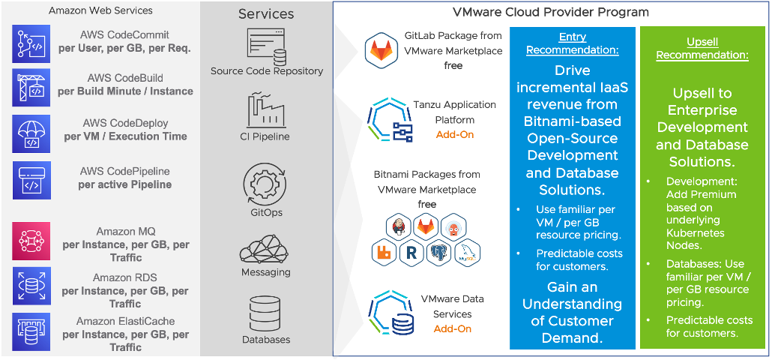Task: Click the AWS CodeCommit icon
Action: (x=31, y=43)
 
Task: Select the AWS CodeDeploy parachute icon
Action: (x=31, y=133)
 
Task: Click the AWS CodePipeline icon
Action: (x=31, y=180)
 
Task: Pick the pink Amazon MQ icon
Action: (x=31, y=240)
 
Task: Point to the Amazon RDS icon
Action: (x=31, y=286)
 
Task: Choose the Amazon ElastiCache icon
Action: (x=31, y=331)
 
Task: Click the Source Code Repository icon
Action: (x=267, y=46)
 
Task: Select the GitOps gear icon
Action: (x=263, y=184)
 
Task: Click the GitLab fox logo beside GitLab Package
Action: (x=381, y=50)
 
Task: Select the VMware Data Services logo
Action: (x=391, y=313)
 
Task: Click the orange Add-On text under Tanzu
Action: (x=454, y=135)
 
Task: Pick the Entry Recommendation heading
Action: (x=572, y=43)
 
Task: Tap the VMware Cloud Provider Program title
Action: (x=551, y=12)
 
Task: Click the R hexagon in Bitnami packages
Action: (x=410, y=252)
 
